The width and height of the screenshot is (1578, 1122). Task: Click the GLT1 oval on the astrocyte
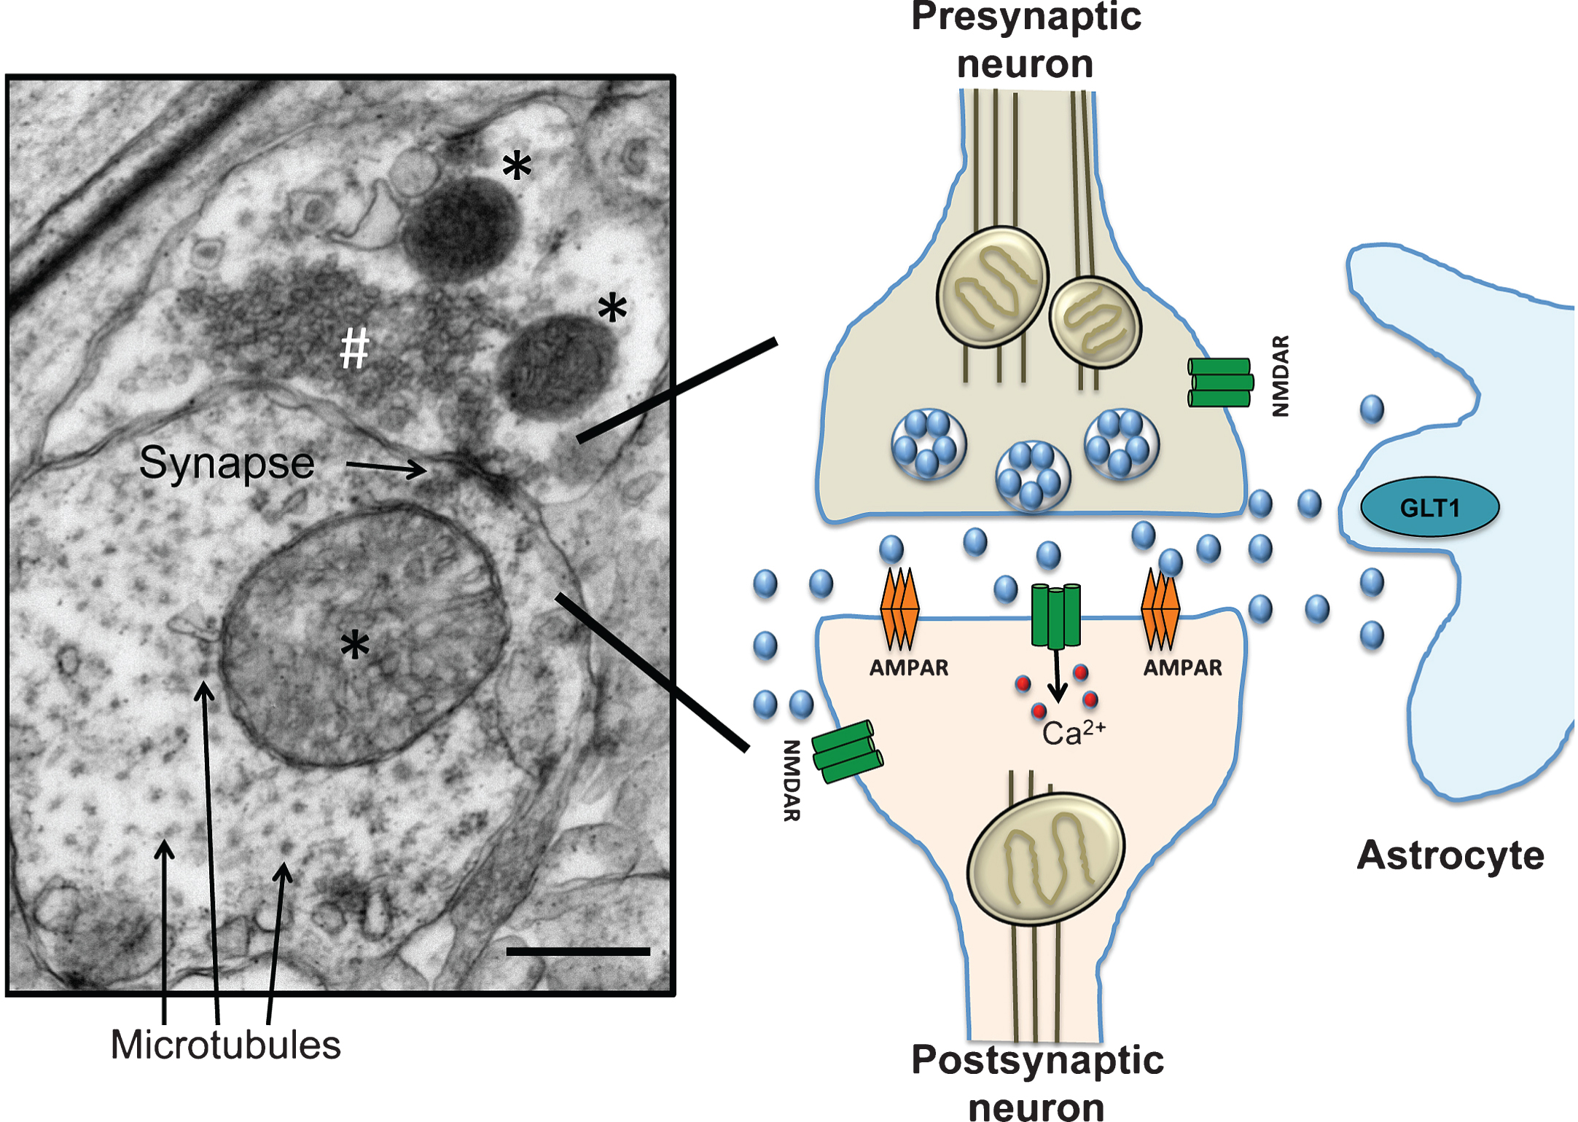tap(1429, 506)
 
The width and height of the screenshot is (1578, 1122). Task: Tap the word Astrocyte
tap(1450, 855)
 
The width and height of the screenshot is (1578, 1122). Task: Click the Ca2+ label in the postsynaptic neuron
tap(1074, 732)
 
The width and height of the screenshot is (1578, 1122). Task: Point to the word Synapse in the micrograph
tap(227, 463)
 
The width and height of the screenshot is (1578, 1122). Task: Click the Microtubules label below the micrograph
tap(225, 1045)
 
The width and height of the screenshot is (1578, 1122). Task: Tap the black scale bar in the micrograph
tap(578, 952)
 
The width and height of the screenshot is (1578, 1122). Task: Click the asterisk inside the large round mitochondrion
tap(355, 646)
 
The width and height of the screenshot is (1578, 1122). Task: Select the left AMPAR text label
tap(909, 668)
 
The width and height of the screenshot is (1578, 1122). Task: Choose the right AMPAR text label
tap(1182, 668)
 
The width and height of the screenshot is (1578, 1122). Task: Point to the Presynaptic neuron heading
tap(1026, 40)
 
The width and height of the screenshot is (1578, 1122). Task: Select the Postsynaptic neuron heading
tap(1037, 1083)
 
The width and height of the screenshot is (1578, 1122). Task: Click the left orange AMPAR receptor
tap(899, 608)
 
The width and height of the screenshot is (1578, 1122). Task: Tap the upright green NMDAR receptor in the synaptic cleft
tap(1056, 616)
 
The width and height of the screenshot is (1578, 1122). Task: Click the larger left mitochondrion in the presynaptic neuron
tap(993, 286)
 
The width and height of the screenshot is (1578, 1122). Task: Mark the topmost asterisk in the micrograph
tap(517, 165)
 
